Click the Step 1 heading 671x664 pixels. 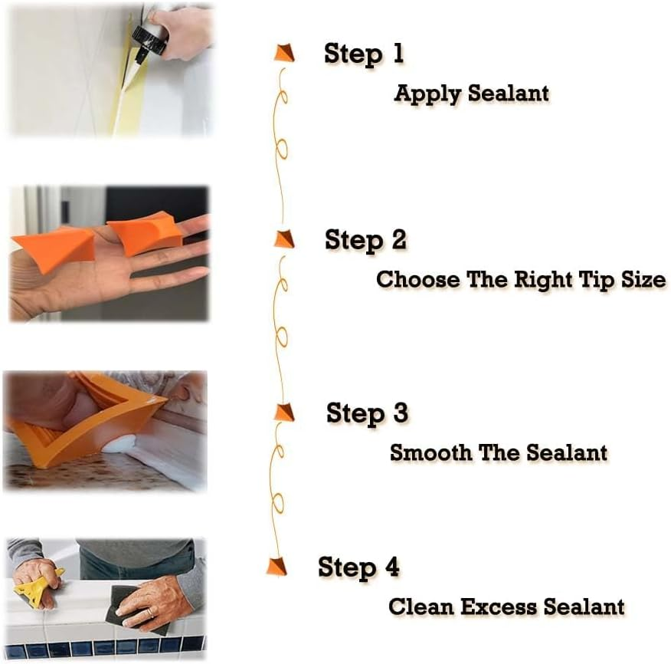(x=363, y=54)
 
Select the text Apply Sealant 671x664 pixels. (x=471, y=94)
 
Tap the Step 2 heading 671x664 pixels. (x=365, y=240)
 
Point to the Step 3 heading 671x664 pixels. (x=367, y=413)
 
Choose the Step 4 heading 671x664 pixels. (x=358, y=568)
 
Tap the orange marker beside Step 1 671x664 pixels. (x=283, y=53)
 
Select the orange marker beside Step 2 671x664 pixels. (x=283, y=238)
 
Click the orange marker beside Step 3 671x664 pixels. (x=284, y=412)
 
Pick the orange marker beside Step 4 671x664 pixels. (x=277, y=566)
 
